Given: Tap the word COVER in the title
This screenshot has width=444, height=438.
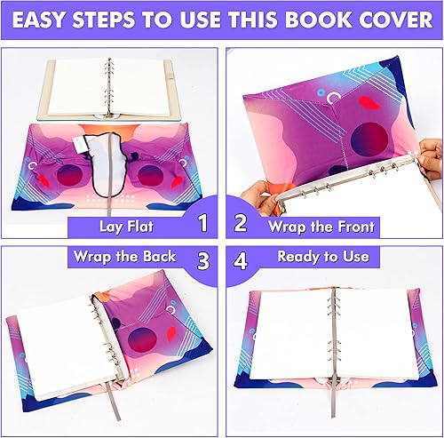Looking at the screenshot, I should (x=383, y=20).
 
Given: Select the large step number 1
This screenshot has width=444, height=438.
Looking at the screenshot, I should (x=202, y=224).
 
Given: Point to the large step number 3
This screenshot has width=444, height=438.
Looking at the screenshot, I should (x=202, y=260).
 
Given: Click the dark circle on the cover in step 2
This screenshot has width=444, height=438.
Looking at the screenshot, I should (x=369, y=139).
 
